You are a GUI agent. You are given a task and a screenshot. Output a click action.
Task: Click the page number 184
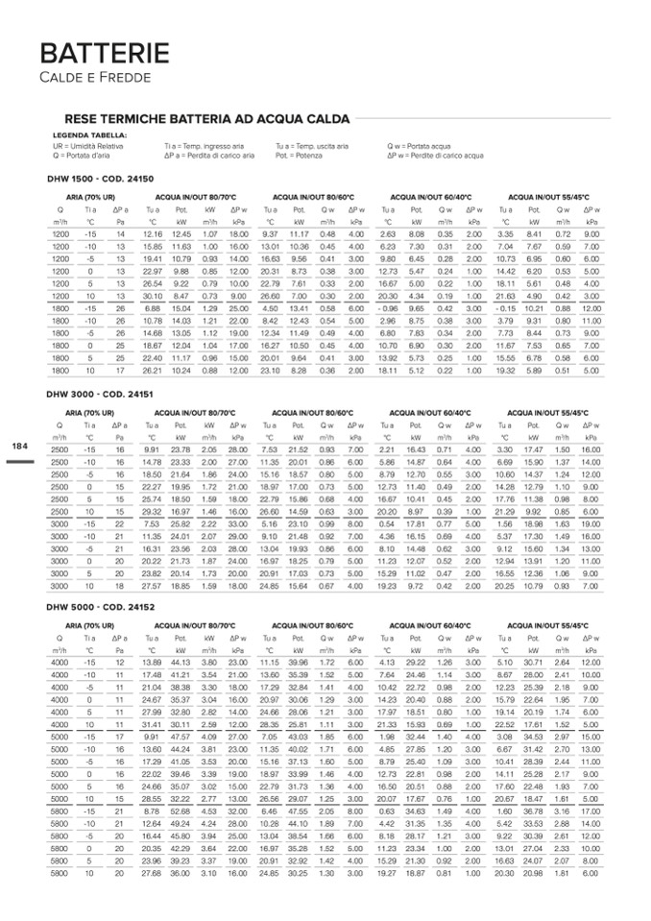click(x=20, y=446)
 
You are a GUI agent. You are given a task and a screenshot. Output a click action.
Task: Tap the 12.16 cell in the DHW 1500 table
click(x=152, y=234)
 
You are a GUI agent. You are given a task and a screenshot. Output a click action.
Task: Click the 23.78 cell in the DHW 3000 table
click(x=181, y=449)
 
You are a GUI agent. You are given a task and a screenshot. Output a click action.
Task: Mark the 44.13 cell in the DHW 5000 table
click(x=181, y=663)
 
